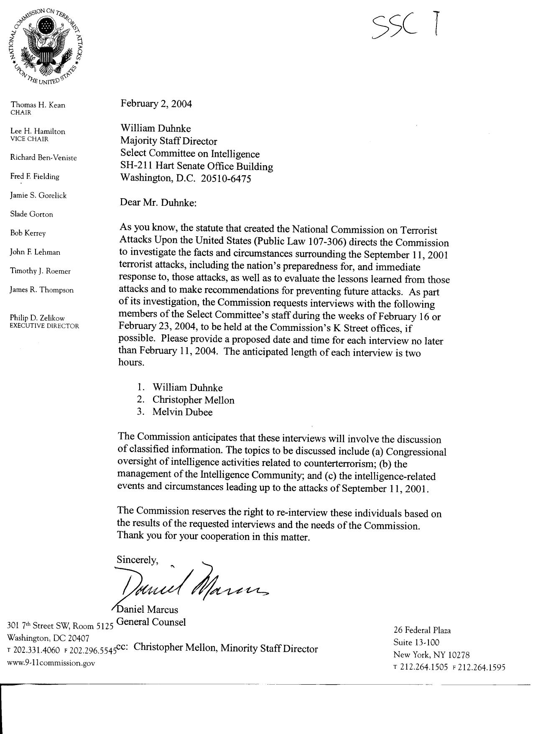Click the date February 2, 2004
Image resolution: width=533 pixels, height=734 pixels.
pos(156,104)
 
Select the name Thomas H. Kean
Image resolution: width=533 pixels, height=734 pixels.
pos(38,105)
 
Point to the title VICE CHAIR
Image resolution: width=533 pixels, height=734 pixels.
pos(29,139)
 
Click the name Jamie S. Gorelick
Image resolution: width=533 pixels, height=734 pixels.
pos(38,195)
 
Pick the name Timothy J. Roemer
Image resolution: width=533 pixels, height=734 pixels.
pos(41,271)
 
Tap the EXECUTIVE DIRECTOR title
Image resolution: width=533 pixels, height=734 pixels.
pos(44,326)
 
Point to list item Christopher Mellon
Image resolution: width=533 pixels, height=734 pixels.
pos(193,400)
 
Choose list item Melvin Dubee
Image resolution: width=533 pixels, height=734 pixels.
pos(182,412)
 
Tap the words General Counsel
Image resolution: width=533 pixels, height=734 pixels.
pos(151,622)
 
